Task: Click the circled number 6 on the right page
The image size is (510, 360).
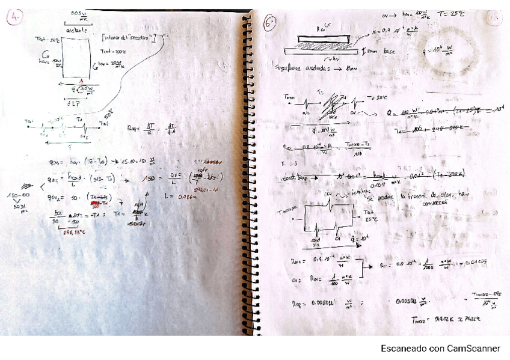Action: (x=271, y=23)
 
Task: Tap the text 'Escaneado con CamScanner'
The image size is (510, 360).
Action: (x=440, y=349)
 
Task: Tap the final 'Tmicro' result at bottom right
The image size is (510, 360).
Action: (x=447, y=319)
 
